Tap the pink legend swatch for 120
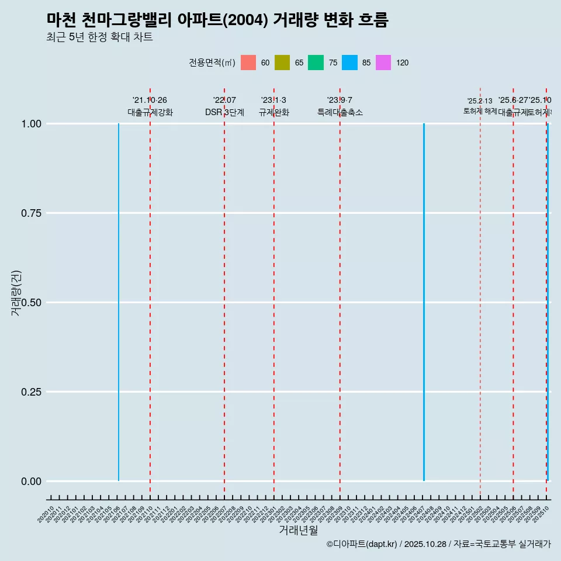(x=383, y=63)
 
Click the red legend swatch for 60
(x=248, y=63)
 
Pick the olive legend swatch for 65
(x=282, y=63)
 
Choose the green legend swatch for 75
(x=316, y=63)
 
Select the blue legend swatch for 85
(x=349, y=63)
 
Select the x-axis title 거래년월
(x=298, y=530)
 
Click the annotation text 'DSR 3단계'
(x=224, y=112)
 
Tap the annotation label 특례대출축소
(x=340, y=112)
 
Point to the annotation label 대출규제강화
(x=150, y=112)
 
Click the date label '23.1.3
(x=273, y=101)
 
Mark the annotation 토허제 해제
(x=480, y=110)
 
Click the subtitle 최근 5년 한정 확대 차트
(x=99, y=37)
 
